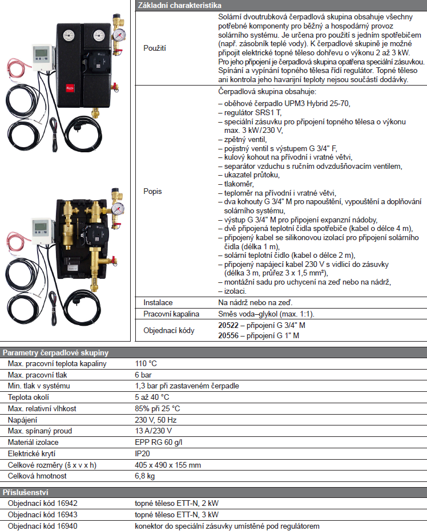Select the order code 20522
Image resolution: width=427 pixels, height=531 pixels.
(x=228, y=325)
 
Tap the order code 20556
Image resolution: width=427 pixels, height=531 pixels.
(x=228, y=336)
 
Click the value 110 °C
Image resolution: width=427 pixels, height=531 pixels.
(x=146, y=363)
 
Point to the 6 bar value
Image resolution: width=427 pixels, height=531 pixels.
(x=143, y=375)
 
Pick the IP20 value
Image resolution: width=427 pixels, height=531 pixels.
(x=142, y=453)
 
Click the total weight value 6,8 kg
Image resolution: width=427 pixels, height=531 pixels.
(x=144, y=476)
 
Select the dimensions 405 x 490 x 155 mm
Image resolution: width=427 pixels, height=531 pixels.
(x=168, y=465)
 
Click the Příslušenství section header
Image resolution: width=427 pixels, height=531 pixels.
(x=25, y=492)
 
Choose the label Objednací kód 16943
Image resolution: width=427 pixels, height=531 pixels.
(x=43, y=514)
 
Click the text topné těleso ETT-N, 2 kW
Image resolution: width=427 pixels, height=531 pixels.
(x=176, y=504)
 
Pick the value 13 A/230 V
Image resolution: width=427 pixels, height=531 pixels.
(x=154, y=431)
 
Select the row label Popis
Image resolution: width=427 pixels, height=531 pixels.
(x=152, y=191)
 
